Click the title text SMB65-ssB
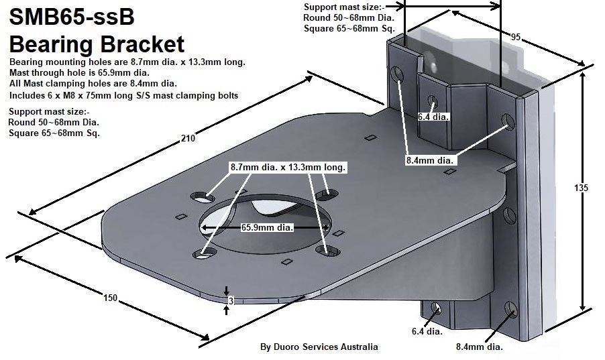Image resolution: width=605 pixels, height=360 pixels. click(x=76, y=18)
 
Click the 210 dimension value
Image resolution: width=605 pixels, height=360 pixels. click(x=188, y=139)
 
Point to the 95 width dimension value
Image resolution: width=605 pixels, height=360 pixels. click(x=516, y=38)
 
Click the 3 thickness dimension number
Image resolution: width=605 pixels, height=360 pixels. click(x=230, y=301)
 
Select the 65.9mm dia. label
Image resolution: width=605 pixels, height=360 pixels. click(x=267, y=227)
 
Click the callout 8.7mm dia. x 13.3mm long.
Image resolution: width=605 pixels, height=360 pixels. click(x=288, y=166)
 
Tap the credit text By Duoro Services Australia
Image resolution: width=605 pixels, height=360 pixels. click(x=319, y=347)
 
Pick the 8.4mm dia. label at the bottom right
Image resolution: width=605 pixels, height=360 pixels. click(x=479, y=347)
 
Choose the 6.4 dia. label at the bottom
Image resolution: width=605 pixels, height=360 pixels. click(x=427, y=331)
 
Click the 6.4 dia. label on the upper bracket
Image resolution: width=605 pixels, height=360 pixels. click(x=433, y=117)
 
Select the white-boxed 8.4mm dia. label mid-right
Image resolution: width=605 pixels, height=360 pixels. click(x=431, y=160)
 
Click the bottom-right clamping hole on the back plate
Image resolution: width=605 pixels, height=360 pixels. click(x=512, y=310)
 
